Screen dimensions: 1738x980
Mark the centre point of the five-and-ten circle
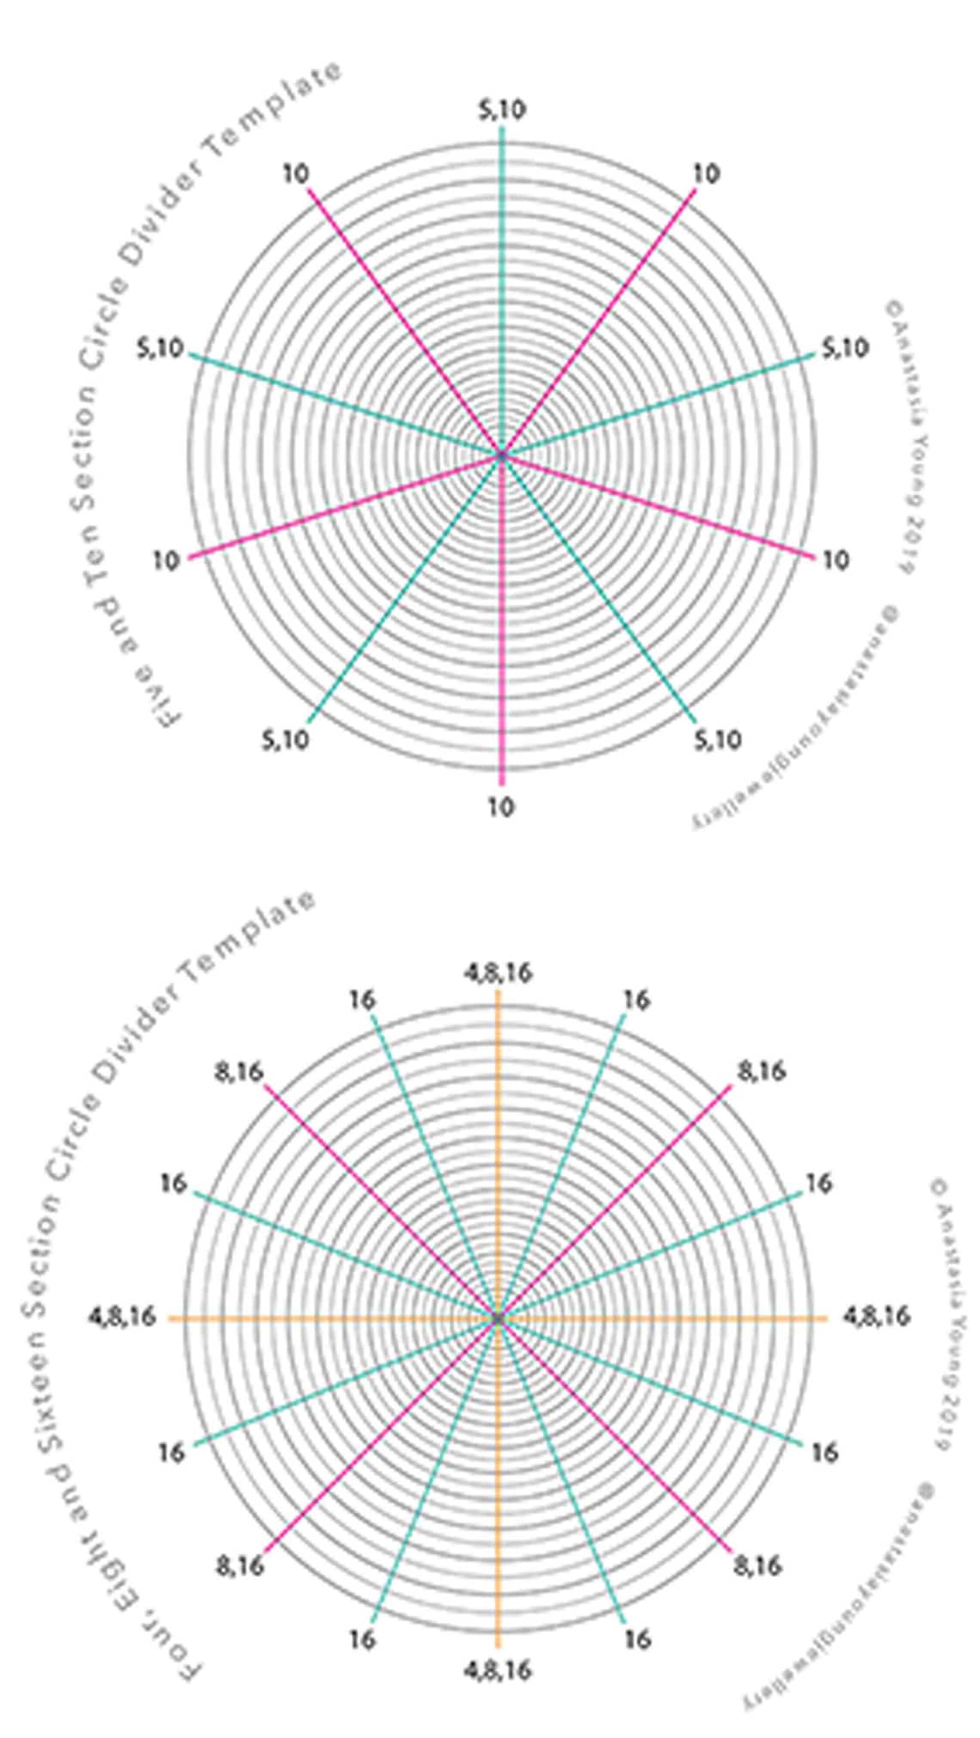502,454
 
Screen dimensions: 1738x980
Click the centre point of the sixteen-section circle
498,1318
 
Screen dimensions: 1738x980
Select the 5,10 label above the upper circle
502,110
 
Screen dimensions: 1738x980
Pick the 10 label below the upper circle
501,807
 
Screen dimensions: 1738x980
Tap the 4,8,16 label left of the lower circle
122,1316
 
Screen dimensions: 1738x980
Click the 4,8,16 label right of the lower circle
875,1316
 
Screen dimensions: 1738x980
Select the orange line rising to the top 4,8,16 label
498,1117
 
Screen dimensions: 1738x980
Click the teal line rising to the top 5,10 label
502,258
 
